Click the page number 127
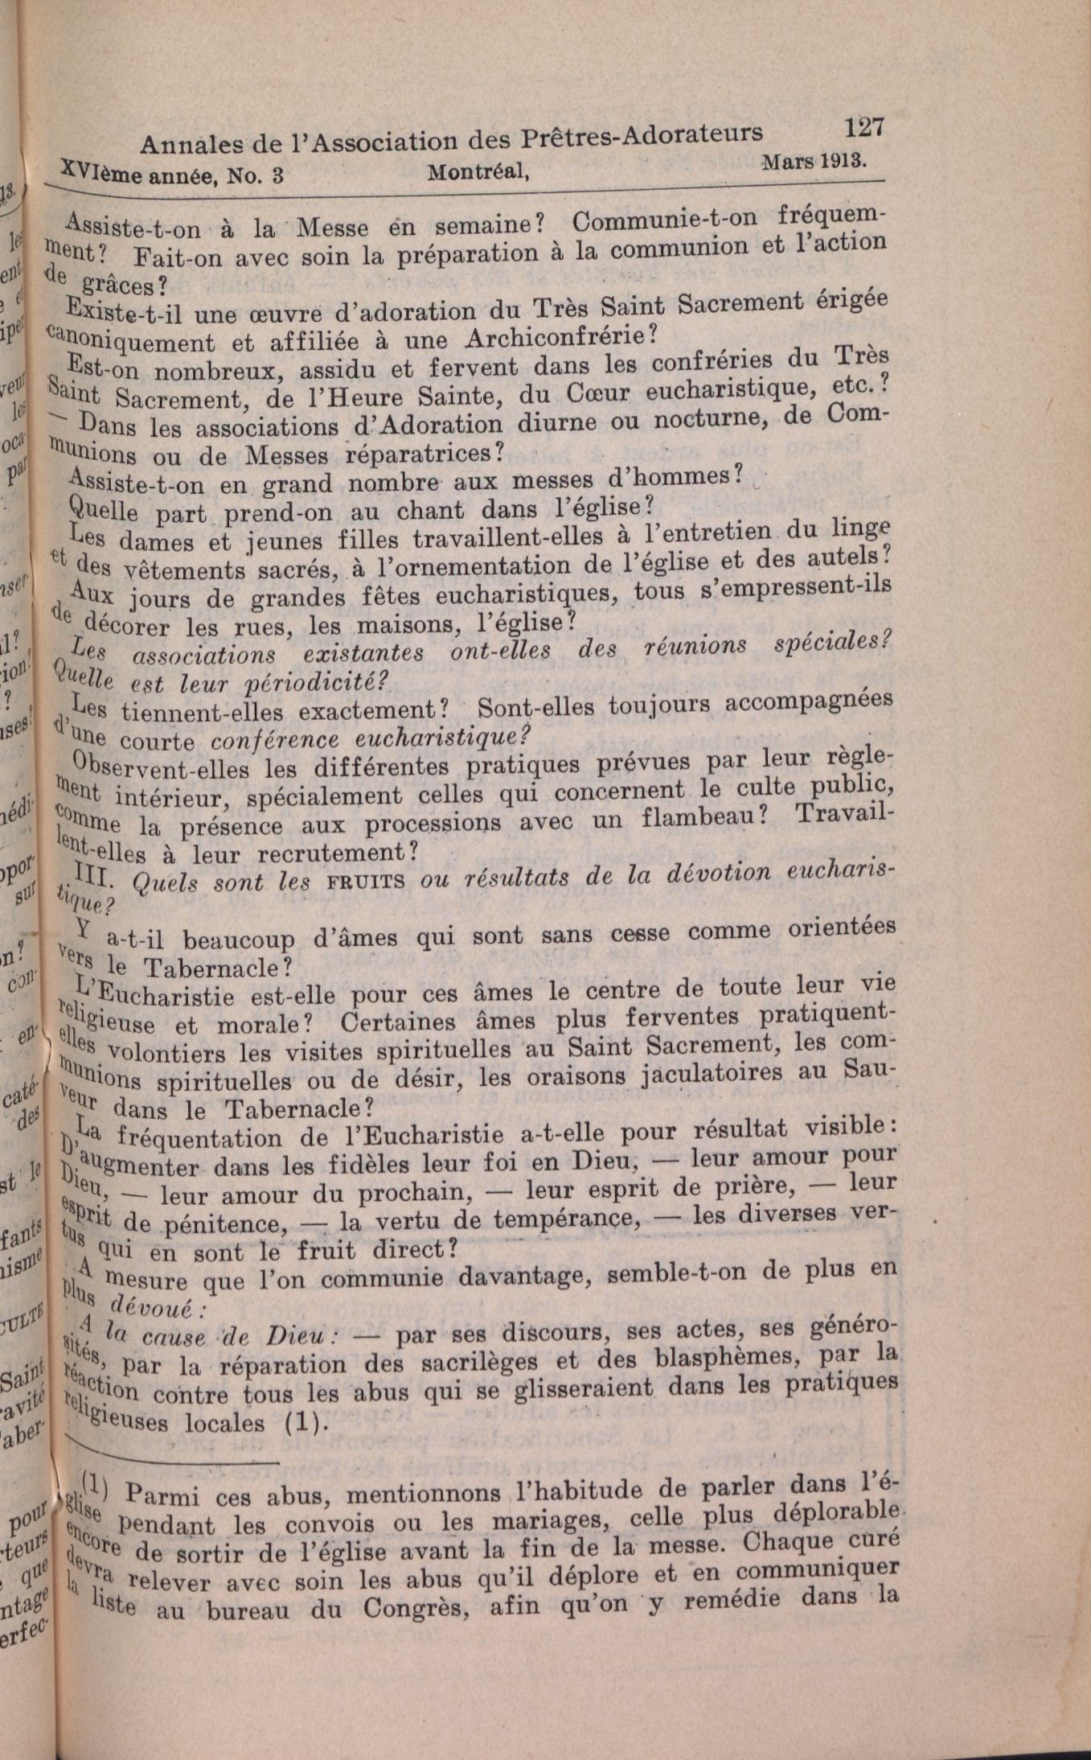(864, 128)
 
